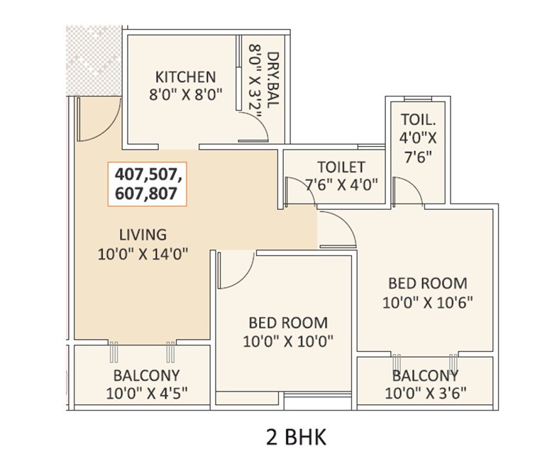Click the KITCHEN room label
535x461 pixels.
pyautogui.click(x=185, y=77)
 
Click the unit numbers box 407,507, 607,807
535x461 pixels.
pyautogui.click(x=148, y=183)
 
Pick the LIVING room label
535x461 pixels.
pyautogui.click(x=143, y=234)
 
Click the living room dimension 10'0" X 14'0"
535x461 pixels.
pyautogui.click(x=143, y=254)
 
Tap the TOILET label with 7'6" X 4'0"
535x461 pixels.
pyautogui.click(x=341, y=168)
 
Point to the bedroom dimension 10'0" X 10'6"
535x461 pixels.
pyautogui.click(x=427, y=302)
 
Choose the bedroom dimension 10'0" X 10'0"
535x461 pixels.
pyautogui.click(x=287, y=341)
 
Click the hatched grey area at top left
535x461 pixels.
pyautogui.click(x=93, y=60)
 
